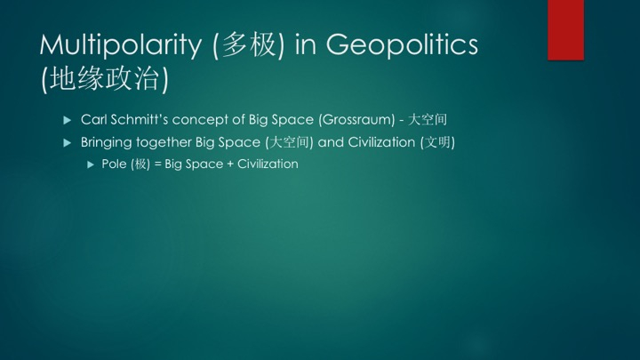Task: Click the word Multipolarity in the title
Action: (120, 45)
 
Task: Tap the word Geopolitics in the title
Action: (402, 45)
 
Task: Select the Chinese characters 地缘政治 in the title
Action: (105, 78)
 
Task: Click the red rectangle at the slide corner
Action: (565, 30)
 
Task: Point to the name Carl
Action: (94, 120)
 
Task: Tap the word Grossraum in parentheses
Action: (356, 120)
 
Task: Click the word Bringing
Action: (106, 142)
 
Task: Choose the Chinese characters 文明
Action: (437, 142)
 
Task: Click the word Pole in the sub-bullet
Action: (114, 164)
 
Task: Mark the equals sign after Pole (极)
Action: (157, 164)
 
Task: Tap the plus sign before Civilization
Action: (230, 164)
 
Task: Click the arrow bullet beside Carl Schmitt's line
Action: (68, 120)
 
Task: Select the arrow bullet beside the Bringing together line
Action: (68, 143)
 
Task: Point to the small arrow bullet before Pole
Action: (91, 164)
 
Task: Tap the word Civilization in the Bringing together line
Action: (381, 142)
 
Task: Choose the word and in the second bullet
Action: (331, 142)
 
